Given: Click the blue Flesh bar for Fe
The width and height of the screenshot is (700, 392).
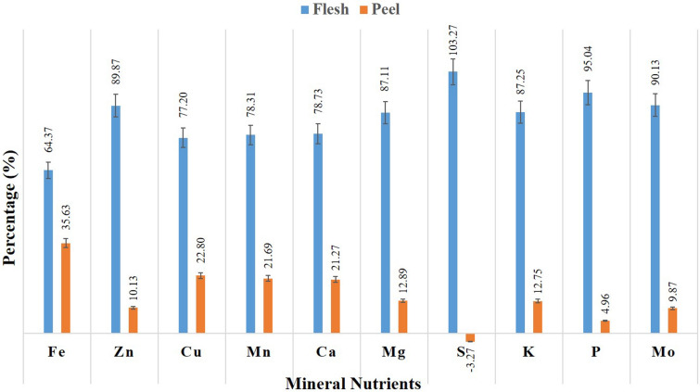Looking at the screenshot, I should [x=48, y=251].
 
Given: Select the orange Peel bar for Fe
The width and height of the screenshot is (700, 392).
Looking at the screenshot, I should [x=66, y=287].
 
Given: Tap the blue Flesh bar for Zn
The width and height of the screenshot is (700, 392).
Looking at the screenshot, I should [x=116, y=219].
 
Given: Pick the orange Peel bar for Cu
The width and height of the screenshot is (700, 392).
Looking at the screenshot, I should [x=200, y=304].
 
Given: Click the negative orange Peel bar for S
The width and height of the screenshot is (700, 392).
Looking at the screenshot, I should [x=470, y=337].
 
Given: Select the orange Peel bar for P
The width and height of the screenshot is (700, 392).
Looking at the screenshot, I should [x=605, y=326].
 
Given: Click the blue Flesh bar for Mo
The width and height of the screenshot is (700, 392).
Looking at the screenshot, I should [x=655, y=219].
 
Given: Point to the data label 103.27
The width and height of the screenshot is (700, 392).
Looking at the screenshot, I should [x=453, y=37].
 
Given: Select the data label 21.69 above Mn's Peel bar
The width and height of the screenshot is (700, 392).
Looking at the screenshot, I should [x=268, y=251].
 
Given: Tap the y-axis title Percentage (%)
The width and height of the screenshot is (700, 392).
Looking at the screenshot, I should [x=12, y=198].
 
